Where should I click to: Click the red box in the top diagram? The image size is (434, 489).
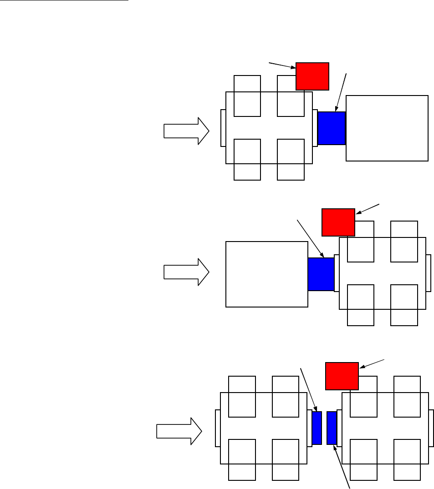[x=312, y=76]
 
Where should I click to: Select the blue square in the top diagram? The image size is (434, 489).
[x=332, y=128]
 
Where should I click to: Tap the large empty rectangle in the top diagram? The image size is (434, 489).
[x=387, y=128]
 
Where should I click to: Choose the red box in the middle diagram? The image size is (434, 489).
[x=338, y=222]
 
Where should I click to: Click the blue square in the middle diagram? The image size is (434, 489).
[x=321, y=274]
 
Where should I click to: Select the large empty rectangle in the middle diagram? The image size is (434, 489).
[x=267, y=274]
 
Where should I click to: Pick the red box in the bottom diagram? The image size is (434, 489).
[x=342, y=376]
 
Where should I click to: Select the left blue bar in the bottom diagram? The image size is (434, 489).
[x=317, y=428]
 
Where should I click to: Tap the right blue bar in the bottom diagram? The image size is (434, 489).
[x=332, y=428]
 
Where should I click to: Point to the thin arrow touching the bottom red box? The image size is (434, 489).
[x=373, y=363]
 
